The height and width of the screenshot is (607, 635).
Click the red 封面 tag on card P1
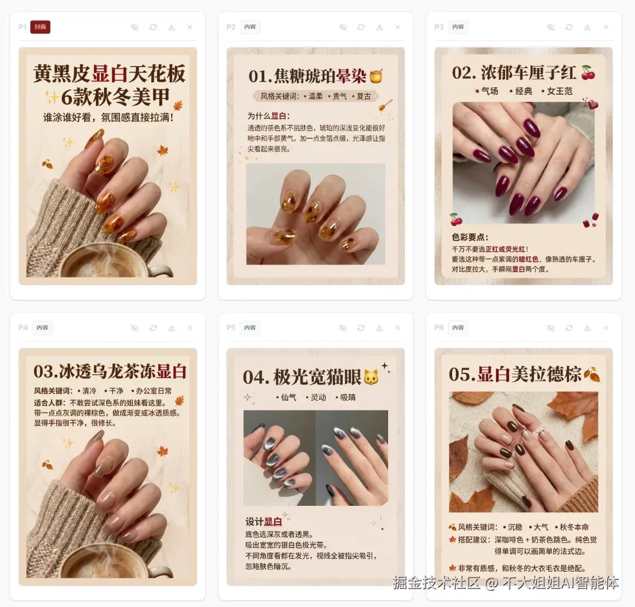point(40,27)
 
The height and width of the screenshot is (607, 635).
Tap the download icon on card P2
point(379,27)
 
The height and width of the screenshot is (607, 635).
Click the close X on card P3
point(606,27)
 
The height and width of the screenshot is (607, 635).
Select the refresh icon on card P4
point(153,328)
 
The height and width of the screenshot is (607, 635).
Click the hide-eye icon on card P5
point(343,328)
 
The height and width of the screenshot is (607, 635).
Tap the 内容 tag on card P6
point(458,328)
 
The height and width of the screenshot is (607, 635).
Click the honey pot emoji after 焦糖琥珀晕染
point(376,76)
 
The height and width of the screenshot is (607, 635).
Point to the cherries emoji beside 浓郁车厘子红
point(587,73)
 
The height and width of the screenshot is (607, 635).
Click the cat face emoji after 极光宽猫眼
point(371,377)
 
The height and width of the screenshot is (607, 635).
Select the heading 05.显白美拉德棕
point(515,374)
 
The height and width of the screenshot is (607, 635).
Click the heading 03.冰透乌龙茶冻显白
point(110,371)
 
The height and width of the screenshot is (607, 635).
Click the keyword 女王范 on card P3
point(560,91)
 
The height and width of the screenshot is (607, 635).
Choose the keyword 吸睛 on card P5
point(347,398)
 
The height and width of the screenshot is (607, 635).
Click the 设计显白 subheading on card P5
point(264,522)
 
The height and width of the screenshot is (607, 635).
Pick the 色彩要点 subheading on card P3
point(470,237)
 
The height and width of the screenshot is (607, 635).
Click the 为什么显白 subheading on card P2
point(268,116)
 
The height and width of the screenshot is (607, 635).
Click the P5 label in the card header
point(231,328)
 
